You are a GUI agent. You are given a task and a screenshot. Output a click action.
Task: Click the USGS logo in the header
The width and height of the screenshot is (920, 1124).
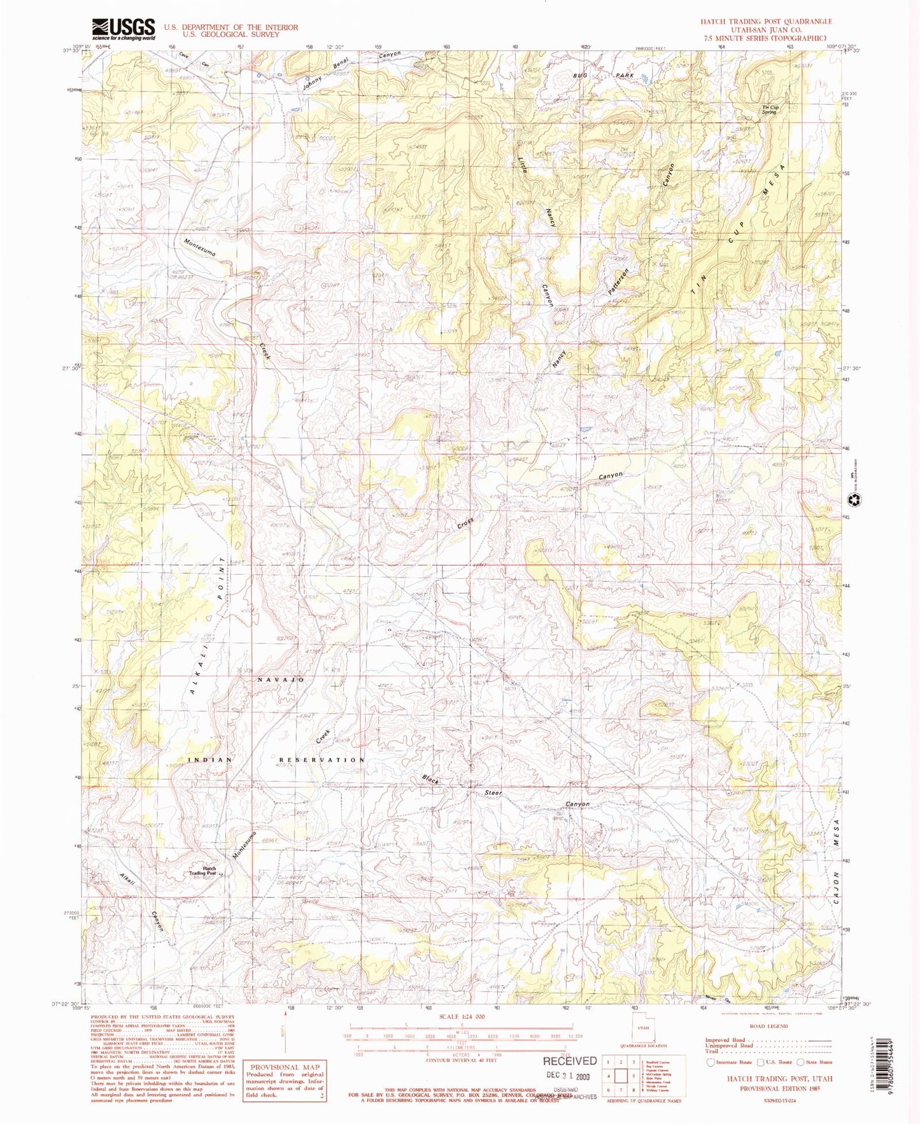[x=124, y=29]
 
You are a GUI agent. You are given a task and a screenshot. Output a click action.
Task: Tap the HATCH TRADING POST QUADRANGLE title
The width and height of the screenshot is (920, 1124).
[x=766, y=22]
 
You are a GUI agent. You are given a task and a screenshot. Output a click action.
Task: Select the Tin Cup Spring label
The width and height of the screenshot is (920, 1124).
[x=770, y=110]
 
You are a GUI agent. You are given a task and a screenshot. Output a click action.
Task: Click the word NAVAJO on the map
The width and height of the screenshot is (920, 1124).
[x=281, y=680]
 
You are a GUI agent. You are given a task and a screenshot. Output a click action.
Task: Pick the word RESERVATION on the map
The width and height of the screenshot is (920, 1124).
[x=322, y=760]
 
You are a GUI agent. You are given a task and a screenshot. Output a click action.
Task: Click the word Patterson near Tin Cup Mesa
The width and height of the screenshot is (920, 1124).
[x=618, y=281]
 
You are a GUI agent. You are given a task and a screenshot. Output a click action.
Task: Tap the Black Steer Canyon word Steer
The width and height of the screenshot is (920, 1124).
[x=493, y=793]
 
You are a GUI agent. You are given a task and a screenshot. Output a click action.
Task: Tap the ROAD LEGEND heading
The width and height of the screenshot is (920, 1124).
[x=768, y=1027]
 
